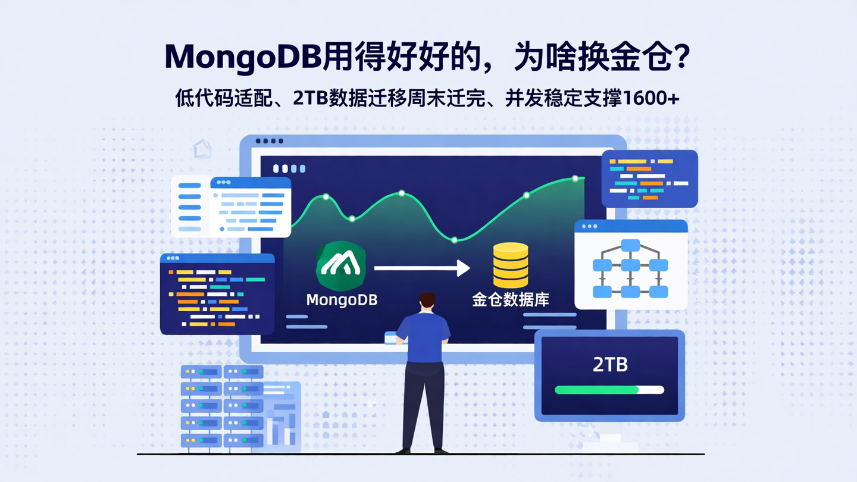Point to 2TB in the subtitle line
(x=311, y=99)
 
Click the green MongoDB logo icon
(x=341, y=265)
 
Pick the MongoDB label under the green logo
(x=342, y=299)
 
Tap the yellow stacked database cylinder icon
(x=511, y=265)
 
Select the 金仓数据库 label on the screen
(x=511, y=299)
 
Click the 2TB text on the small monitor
(x=610, y=364)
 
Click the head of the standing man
(x=427, y=301)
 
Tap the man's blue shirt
(x=423, y=336)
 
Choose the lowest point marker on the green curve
(x=454, y=240)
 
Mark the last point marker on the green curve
(x=575, y=179)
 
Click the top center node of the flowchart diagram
(x=630, y=245)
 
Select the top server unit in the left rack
(x=201, y=372)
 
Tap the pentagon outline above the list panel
(x=203, y=149)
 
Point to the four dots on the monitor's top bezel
(x=269, y=141)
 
